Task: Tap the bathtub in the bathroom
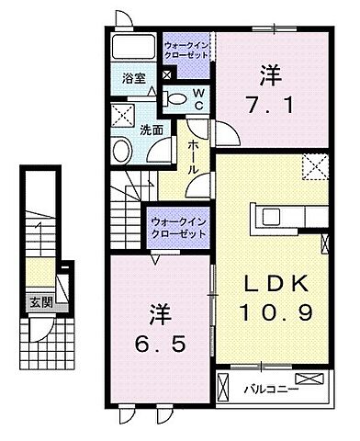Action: click(134, 48)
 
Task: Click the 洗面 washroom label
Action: click(153, 130)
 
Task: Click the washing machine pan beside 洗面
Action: click(123, 115)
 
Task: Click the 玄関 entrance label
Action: click(35, 301)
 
